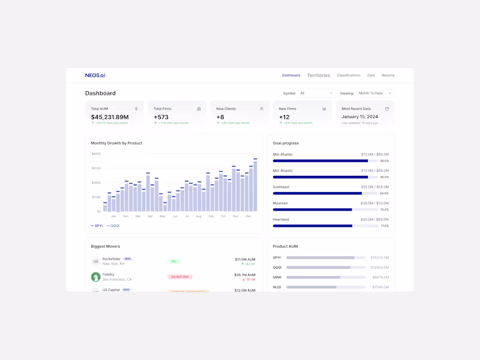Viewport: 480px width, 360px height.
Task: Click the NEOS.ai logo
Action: [x=95, y=76]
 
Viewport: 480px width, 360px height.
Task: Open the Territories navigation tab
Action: [x=319, y=76]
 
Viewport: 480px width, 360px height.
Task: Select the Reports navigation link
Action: [x=388, y=76]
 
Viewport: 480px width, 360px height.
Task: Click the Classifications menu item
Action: [x=349, y=76]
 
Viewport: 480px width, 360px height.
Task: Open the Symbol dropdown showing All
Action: [x=316, y=93]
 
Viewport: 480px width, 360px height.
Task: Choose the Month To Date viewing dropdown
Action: [x=375, y=93]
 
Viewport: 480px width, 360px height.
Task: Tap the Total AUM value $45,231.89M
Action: [x=110, y=117]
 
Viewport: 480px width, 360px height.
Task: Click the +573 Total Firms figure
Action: [x=161, y=117]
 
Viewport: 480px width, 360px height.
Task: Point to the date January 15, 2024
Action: [x=360, y=117]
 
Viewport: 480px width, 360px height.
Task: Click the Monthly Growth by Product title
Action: [x=116, y=143]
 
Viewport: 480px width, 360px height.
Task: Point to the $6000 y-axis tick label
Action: [x=96, y=154]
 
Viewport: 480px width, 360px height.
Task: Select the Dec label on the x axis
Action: [x=248, y=216]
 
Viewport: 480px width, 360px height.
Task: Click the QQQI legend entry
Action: [x=113, y=226]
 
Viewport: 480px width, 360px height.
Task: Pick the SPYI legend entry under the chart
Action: [x=97, y=226]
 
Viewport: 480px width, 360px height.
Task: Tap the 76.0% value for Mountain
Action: [x=384, y=209]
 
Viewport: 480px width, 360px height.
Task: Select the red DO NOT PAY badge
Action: [x=180, y=277]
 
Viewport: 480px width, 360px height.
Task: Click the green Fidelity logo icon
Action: [x=95, y=277]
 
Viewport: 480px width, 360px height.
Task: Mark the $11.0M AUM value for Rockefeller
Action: [x=245, y=259]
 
